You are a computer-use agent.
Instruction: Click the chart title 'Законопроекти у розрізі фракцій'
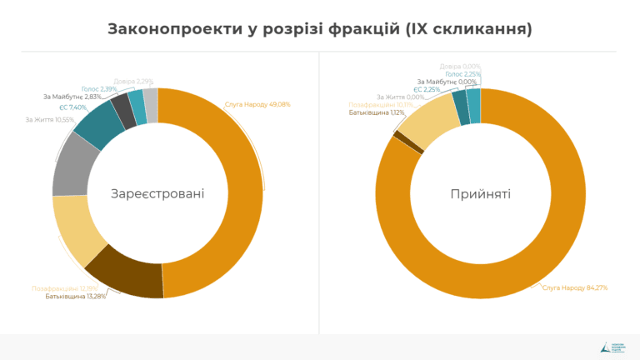click(x=320, y=29)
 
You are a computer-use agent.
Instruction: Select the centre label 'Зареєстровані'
click(x=157, y=193)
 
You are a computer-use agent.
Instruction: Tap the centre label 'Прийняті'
click(x=481, y=193)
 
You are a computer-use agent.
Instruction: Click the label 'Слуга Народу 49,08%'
click(x=257, y=104)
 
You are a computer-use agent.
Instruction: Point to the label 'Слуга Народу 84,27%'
click(x=575, y=287)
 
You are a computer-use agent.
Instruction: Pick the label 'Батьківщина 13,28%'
click(x=76, y=297)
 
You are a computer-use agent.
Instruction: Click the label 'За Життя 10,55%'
click(x=48, y=119)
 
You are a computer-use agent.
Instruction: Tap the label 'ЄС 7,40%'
click(x=73, y=107)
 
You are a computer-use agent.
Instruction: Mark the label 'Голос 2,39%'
click(x=99, y=88)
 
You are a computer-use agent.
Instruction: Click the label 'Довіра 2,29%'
click(x=132, y=81)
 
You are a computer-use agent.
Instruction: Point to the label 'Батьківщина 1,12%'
click(x=377, y=112)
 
